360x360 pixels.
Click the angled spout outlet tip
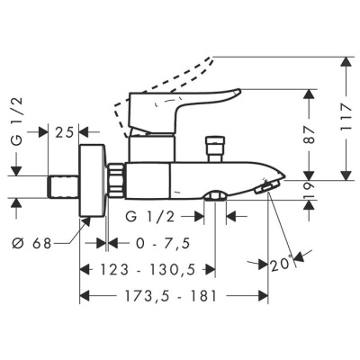tap(263, 185)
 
